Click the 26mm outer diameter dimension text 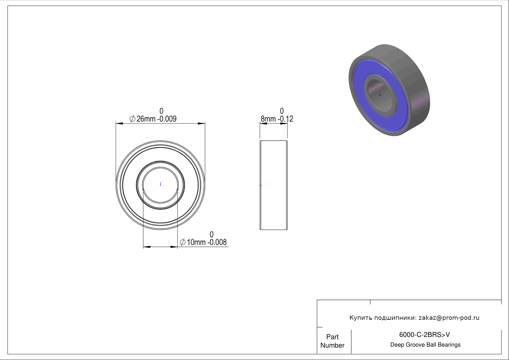point(146,119)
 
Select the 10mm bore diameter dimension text point(196,242)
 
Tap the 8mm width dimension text point(268,119)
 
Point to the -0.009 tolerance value point(167,119)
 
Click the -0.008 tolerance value point(217,242)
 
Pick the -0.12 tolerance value point(285,119)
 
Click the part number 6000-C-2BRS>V point(424,335)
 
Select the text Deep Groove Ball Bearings point(425,345)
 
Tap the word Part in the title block point(332,337)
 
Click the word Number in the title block point(332,345)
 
